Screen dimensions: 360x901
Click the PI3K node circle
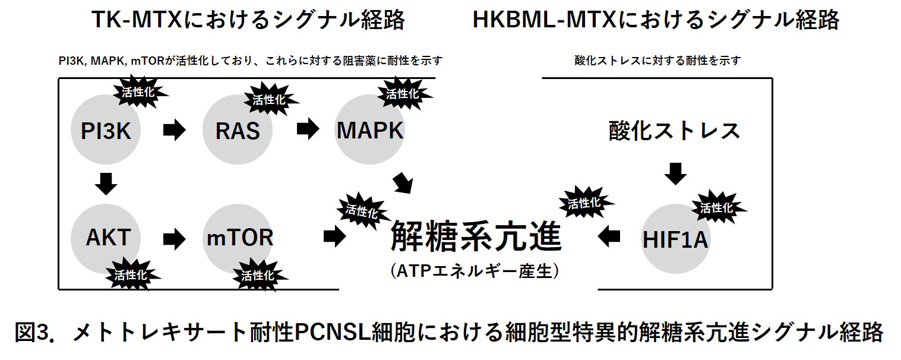coord(106,130)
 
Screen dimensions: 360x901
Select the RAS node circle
coord(237,130)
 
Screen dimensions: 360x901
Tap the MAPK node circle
coord(369,130)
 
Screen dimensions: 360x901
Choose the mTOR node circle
coord(239,238)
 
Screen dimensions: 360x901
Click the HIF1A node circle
coord(676,239)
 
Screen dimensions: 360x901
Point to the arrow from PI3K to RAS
coord(174,130)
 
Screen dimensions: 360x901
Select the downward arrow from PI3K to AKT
coord(106,184)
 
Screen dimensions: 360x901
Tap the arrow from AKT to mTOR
coord(174,238)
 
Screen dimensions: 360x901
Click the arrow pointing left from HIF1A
coord(609,236)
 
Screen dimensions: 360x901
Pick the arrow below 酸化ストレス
coord(675,173)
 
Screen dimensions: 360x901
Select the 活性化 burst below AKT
coord(130,275)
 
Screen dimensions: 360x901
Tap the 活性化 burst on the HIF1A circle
coord(716,208)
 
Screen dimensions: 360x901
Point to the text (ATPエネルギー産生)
coord(475,271)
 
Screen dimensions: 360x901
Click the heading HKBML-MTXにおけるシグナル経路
coord(656,20)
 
